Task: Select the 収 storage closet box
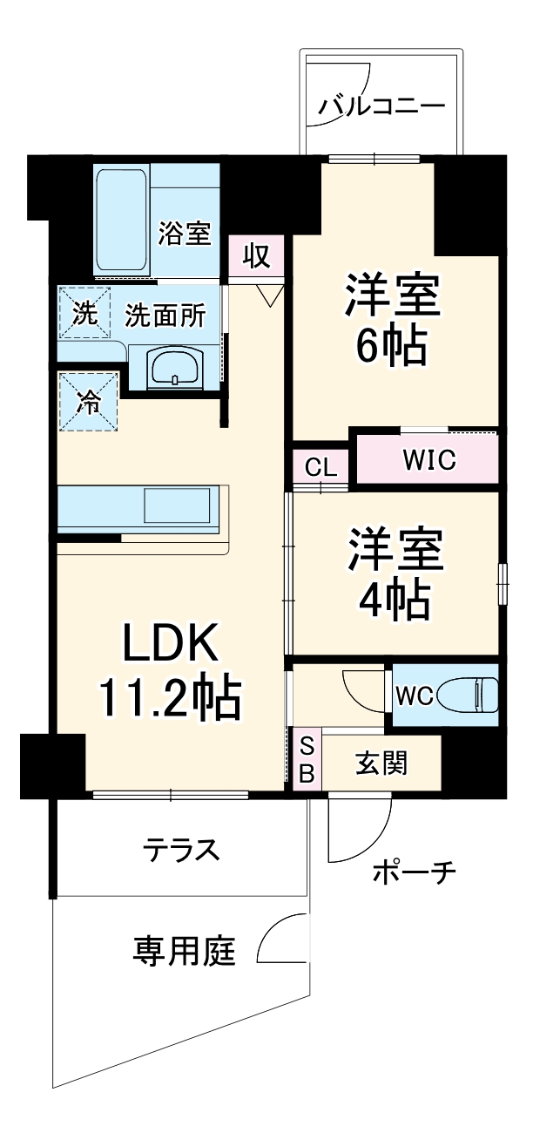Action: coord(255,256)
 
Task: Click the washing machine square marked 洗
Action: coord(84,314)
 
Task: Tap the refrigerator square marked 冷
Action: coord(87,401)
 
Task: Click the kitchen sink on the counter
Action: coord(177,506)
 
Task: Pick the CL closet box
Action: coord(320,467)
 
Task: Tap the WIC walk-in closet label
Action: coord(428,460)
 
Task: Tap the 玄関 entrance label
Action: coord(381,764)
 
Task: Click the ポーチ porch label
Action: coord(415,872)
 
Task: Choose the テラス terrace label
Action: coord(181,848)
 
